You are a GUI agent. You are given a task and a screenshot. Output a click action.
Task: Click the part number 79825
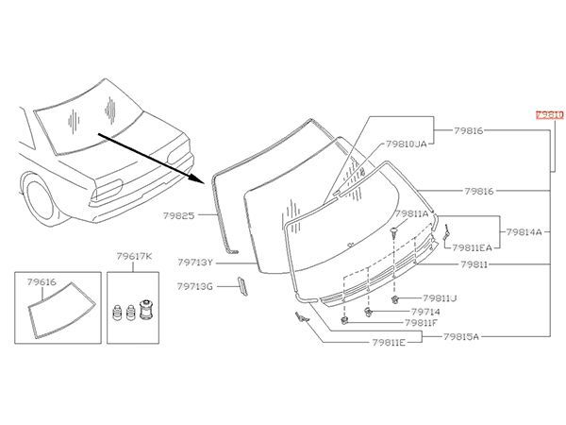[x=180, y=215]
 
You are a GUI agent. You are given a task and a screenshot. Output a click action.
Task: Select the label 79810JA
[x=408, y=146]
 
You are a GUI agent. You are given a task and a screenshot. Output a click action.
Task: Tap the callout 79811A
[x=411, y=213]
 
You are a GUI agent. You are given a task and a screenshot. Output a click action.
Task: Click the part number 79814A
[x=524, y=230]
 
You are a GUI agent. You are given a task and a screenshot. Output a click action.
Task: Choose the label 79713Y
[x=195, y=263]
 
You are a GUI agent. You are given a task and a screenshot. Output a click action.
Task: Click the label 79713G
[x=195, y=285]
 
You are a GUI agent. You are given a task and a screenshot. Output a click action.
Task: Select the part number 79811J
[x=440, y=297]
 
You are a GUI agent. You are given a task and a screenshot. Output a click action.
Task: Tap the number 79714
[x=425, y=311]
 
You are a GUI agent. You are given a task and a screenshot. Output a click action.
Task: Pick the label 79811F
[x=422, y=322]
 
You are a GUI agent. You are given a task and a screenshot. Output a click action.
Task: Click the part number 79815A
[x=463, y=335]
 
